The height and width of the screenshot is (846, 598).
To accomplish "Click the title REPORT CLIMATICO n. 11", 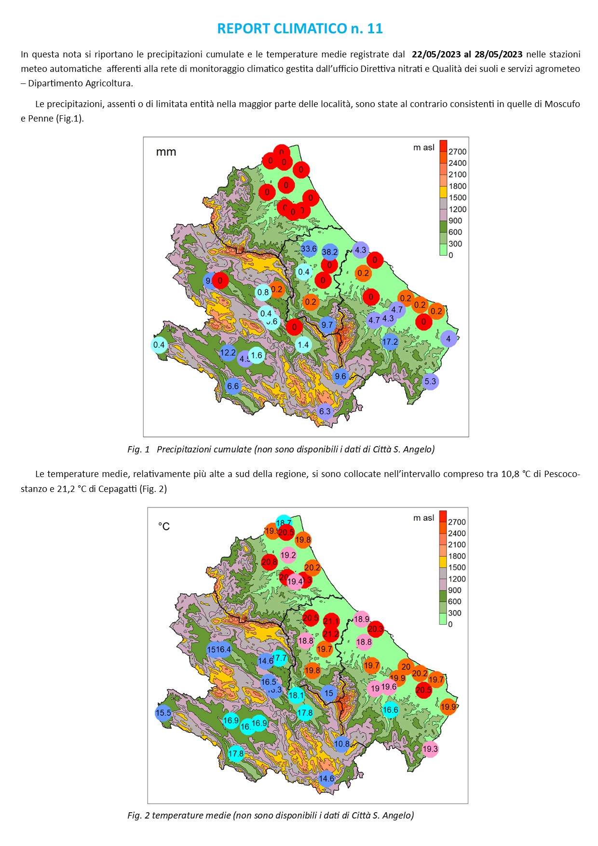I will click(299, 29).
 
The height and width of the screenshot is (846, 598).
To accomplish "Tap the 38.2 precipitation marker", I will click(330, 252).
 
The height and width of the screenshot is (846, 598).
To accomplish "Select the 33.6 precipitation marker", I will click(309, 249).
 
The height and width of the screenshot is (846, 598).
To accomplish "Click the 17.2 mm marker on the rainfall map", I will click(390, 342).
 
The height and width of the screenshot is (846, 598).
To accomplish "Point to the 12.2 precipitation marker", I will click(228, 353).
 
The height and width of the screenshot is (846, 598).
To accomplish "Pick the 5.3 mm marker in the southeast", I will click(430, 382).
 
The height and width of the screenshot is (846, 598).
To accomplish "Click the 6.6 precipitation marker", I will click(233, 386).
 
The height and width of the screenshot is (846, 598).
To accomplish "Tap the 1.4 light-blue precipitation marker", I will click(303, 345).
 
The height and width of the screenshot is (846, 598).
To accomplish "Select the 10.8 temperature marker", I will click(341, 744).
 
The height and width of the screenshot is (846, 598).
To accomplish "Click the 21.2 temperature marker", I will click(331, 634).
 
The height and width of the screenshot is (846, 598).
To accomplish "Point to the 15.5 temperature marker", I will click(163, 713).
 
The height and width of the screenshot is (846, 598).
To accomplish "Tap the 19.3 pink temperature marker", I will click(430, 749).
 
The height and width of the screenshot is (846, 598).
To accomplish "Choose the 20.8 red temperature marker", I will click(269, 562).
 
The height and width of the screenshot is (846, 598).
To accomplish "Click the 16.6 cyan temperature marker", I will click(390, 710).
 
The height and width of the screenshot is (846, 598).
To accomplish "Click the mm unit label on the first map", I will click(166, 152).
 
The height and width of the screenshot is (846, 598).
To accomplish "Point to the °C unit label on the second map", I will click(164, 526).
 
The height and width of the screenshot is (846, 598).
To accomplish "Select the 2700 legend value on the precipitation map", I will click(457, 151).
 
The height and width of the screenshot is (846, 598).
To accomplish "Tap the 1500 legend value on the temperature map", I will click(457, 568).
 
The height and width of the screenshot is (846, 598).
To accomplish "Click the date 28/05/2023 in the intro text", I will click(498, 54).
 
